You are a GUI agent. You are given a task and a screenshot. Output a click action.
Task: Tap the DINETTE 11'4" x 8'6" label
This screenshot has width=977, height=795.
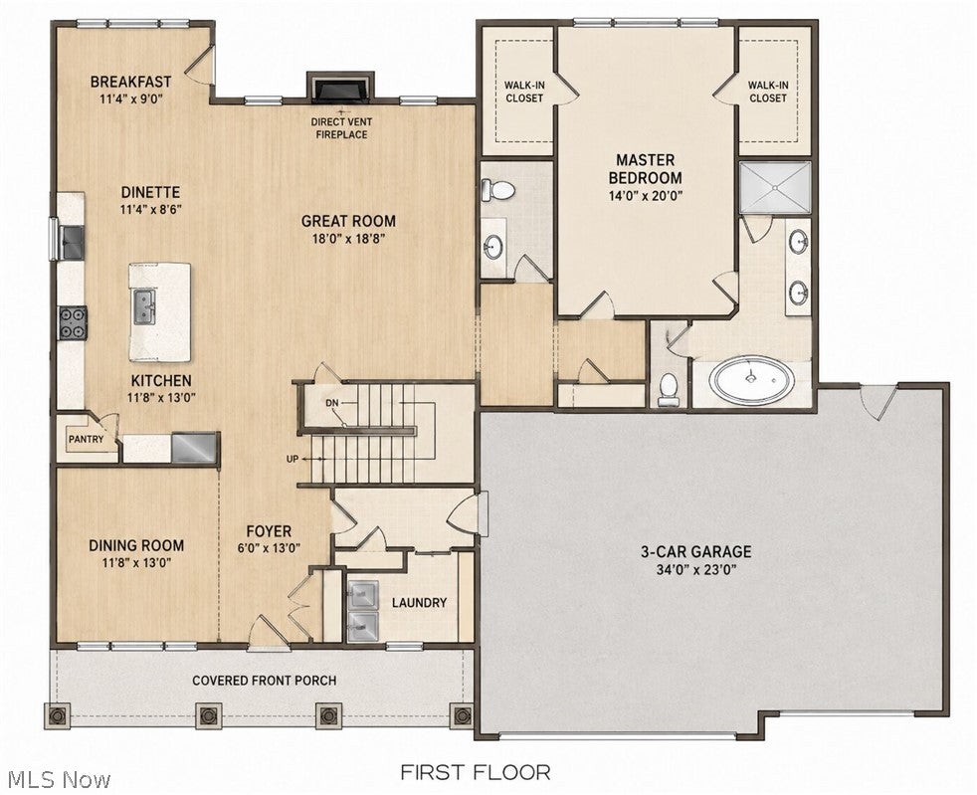click(151, 200)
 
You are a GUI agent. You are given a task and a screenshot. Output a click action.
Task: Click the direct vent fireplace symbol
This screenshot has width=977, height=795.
click(341, 87)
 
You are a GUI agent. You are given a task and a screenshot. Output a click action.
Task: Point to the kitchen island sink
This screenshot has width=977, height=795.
click(144, 306)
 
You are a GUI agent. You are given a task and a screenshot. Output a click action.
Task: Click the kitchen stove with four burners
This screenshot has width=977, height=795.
click(73, 323)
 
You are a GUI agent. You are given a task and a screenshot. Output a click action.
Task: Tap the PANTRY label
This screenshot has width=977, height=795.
click(86, 439)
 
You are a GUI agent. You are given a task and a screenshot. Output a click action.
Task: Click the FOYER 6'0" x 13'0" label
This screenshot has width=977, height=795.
click(270, 539)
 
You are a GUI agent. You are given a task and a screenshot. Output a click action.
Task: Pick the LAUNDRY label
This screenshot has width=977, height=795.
click(419, 603)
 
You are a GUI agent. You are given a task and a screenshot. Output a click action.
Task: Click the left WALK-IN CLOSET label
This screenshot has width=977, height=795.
click(524, 92)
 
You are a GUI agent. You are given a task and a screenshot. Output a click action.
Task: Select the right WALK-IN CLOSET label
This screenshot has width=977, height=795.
click(768, 92)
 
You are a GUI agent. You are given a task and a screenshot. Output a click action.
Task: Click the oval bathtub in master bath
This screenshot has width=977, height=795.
click(753, 379)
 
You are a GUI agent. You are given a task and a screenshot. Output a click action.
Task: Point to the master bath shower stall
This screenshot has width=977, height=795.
click(775, 187)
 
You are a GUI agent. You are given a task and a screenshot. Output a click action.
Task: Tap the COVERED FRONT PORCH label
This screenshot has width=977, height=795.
click(265, 681)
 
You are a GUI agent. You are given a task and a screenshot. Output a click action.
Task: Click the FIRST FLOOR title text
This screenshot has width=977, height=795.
click(475, 772)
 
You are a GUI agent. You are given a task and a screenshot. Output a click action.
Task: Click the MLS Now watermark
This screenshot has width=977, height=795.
click(56, 779)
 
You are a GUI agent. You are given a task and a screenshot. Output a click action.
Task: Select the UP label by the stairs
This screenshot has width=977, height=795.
click(292, 459)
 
